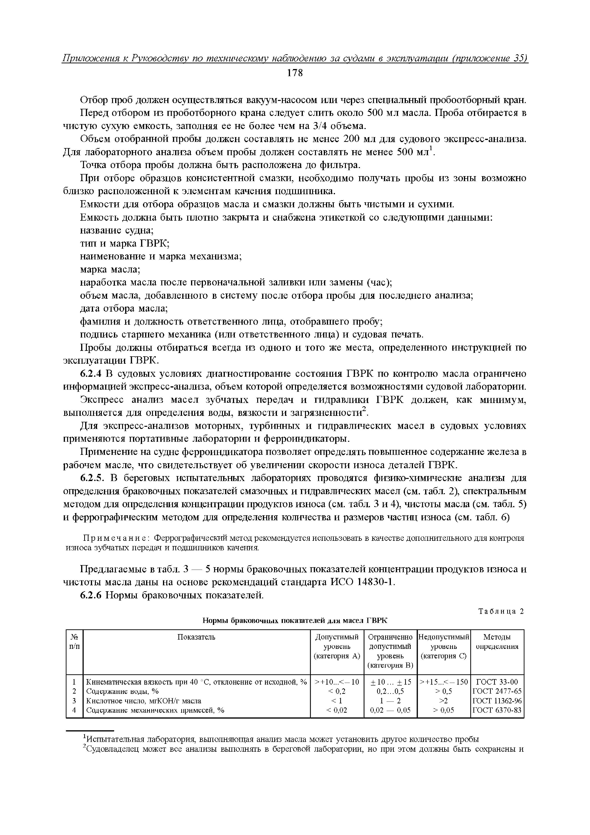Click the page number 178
[x=295, y=73]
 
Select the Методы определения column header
[x=497, y=641]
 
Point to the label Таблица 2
[x=501, y=611]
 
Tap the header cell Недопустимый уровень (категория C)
[x=443, y=646]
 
